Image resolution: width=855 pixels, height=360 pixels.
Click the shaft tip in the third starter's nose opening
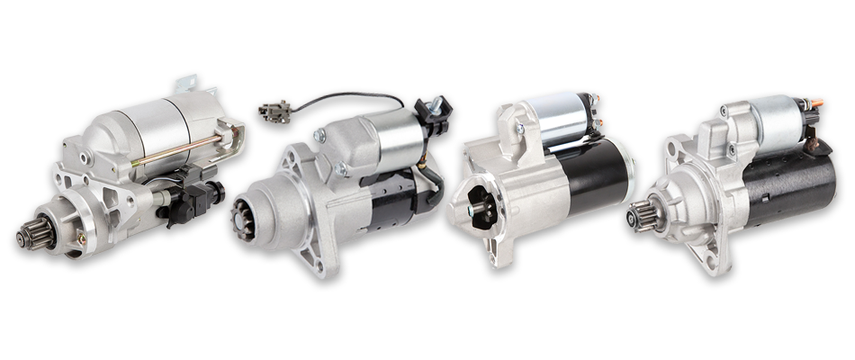(473, 211)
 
